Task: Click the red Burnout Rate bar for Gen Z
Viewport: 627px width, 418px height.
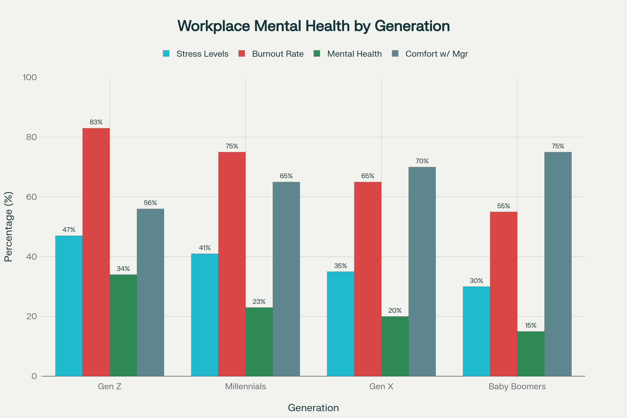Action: click(96, 252)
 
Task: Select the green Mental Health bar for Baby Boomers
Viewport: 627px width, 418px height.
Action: click(531, 354)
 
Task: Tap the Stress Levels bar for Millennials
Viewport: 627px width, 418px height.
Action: click(205, 315)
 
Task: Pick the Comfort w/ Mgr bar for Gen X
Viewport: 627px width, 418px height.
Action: click(422, 271)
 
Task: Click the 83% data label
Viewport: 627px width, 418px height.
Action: click(96, 122)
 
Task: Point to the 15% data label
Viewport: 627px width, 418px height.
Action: click(531, 326)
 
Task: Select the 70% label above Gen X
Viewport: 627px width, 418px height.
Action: click(422, 161)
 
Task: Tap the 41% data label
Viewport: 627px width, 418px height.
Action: click(205, 248)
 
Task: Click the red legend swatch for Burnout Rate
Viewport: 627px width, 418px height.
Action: click(241, 54)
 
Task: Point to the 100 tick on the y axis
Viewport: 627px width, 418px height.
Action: click(30, 77)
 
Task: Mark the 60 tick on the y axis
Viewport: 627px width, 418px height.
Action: click(31, 197)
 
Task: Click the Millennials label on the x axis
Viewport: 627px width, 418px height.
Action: click(245, 386)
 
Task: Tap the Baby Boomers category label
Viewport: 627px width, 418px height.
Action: click(517, 386)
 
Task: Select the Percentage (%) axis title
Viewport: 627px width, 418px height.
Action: click(9, 227)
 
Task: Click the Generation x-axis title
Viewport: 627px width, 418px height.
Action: click(313, 408)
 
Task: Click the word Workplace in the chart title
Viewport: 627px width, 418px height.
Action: click(213, 26)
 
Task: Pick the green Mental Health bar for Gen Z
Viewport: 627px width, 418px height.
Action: click(123, 325)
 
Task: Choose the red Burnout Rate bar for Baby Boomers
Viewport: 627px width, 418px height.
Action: click(503, 294)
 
